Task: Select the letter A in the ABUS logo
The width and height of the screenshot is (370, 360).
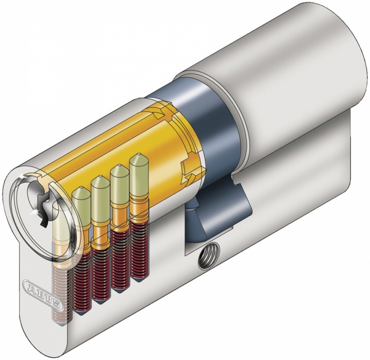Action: pyautogui.click(x=30, y=286)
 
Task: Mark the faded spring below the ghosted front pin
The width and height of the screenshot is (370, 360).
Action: pyautogui.click(x=60, y=290)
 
